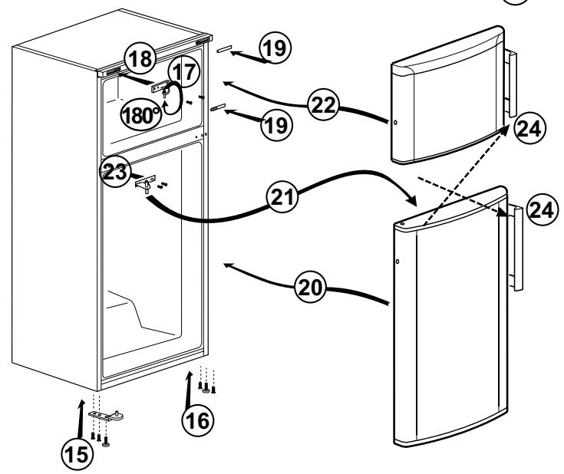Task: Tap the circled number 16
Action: click(x=197, y=420)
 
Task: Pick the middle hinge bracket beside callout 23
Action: click(x=143, y=185)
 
